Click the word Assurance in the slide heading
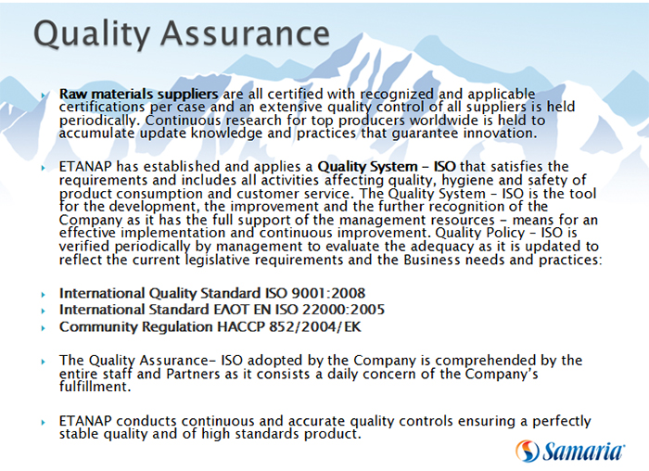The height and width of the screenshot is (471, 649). tap(245, 33)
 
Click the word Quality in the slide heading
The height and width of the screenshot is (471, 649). tap(92, 35)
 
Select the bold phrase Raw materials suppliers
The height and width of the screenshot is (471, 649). tap(139, 95)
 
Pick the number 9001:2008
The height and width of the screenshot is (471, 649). tap(328, 293)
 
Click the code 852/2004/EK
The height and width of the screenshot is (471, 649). tap(315, 327)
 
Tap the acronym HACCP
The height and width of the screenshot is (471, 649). tap(241, 327)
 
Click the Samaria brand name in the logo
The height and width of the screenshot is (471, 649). tap(583, 451)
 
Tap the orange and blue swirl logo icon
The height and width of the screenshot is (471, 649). tap(527, 451)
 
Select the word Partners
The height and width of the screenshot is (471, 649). tap(193, 374)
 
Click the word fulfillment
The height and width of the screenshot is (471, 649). tap(95, 388)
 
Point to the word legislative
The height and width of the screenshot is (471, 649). tap(218, 261)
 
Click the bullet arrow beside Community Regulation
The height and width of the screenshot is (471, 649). tap(44, 328)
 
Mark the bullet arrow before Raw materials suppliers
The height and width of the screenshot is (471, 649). tap(44, 95)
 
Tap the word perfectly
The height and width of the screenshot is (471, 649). tap(561, 422)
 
